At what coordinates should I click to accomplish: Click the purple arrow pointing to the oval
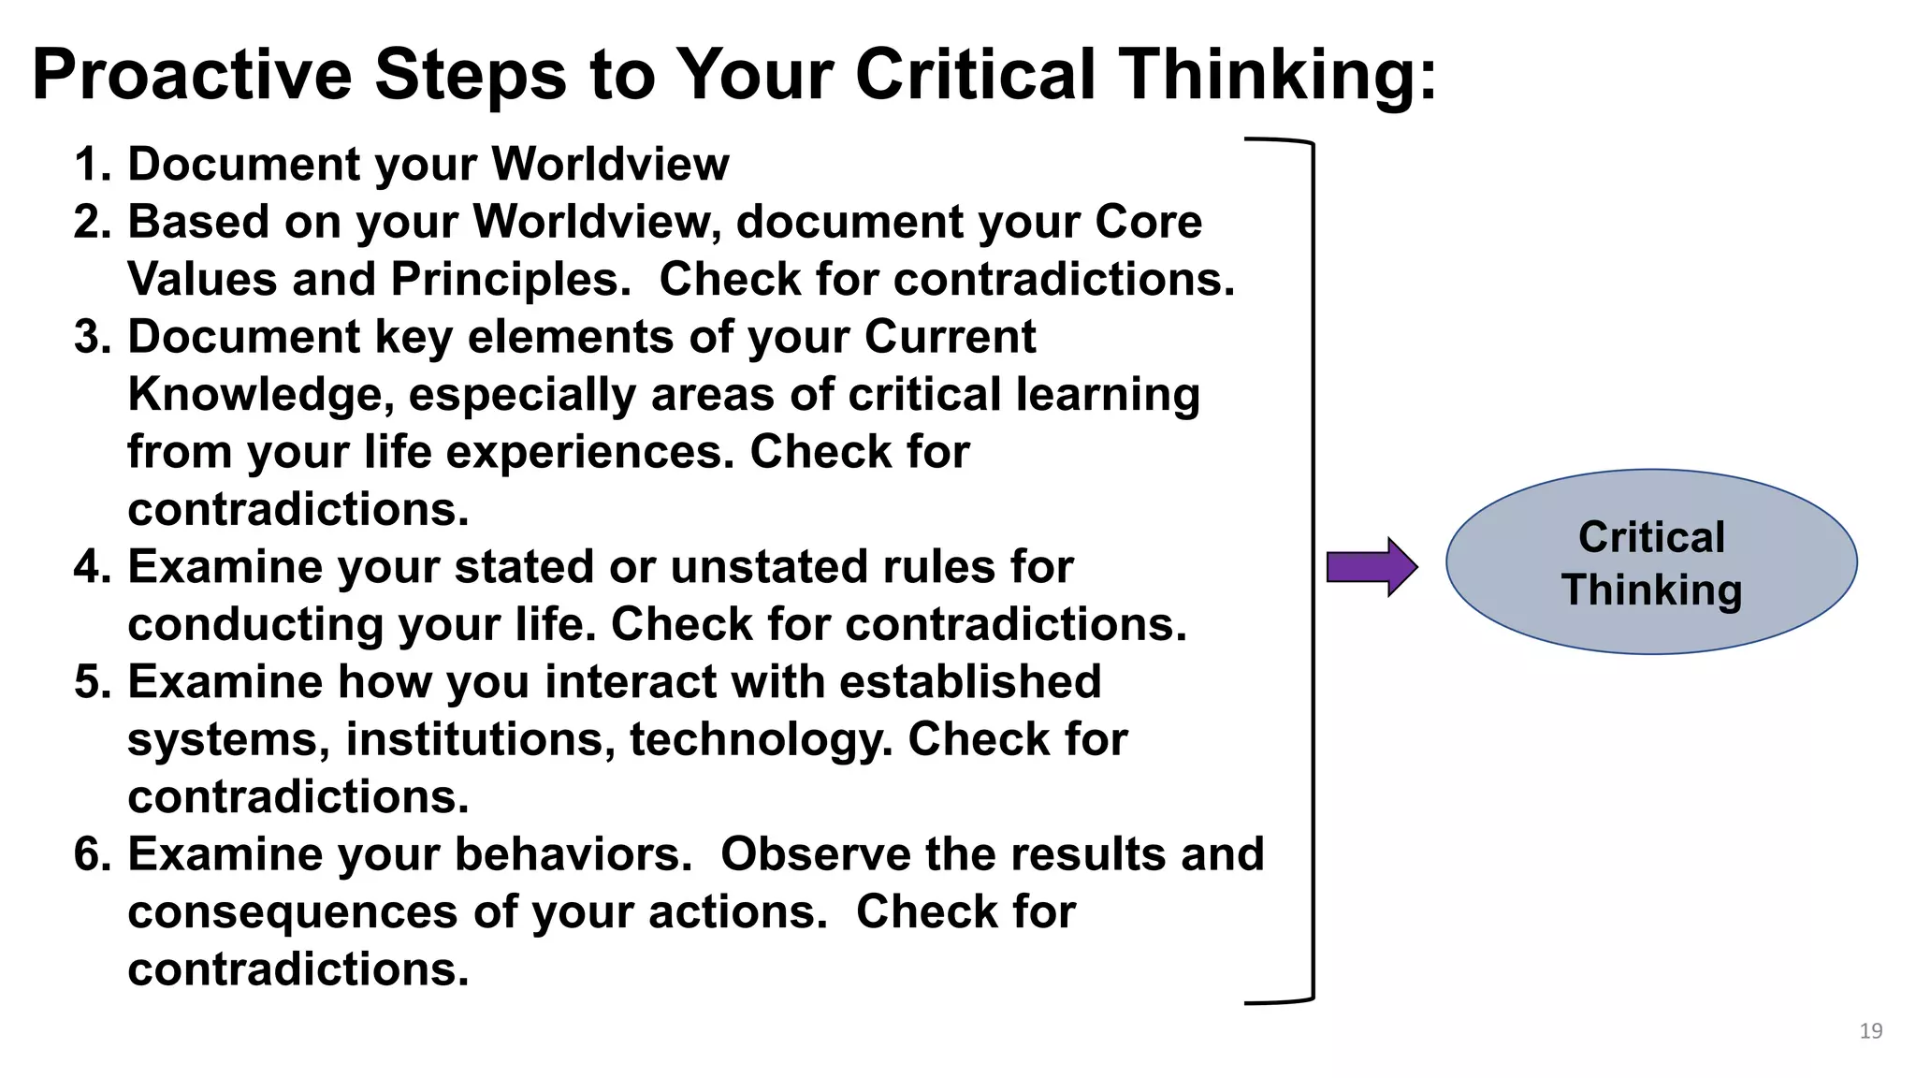1372,567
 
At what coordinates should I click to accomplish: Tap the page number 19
1870,1031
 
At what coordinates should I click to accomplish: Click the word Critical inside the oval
1651,537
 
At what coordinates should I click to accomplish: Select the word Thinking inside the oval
1651,590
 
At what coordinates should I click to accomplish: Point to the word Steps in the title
471,75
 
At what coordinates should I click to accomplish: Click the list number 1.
91,165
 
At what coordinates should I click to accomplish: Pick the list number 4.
91,567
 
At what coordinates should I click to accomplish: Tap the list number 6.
91,854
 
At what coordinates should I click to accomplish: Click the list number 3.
91,337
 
